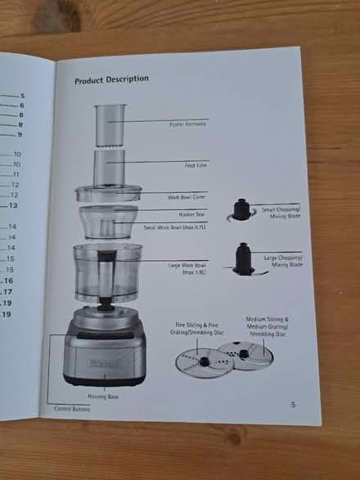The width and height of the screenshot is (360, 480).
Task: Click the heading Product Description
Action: click(x=111, y=79)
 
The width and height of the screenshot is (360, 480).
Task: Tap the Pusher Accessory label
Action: click(x=188, y=124)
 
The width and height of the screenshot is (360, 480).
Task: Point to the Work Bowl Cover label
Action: click(x=187, y=197)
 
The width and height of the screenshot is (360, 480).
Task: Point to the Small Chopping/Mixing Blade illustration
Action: click(x=241, y=211)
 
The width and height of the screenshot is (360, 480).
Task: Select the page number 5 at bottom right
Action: click(x=292, y=404)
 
